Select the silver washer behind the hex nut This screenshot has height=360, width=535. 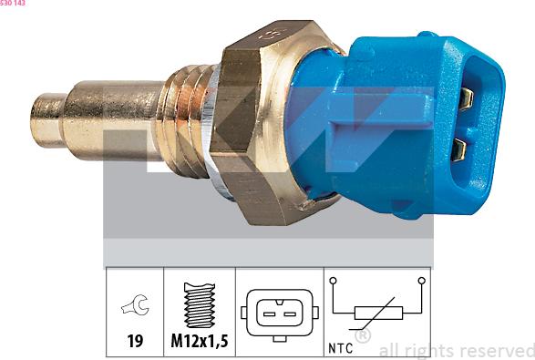tap(211, 124)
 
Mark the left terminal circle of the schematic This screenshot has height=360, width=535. tap(334, 281)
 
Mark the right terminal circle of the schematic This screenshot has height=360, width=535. tap(421, 281)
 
